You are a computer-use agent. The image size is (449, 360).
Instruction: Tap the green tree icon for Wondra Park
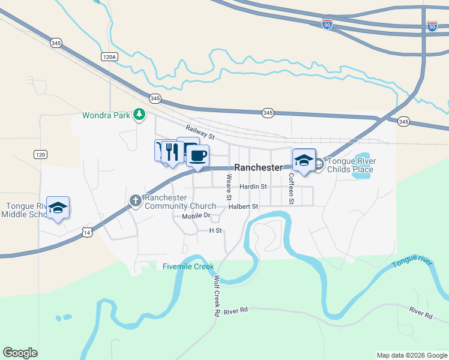pos(140,114)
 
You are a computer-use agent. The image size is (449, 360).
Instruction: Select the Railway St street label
pos(200,130)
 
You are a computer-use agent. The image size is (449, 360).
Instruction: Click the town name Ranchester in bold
pos(258,168)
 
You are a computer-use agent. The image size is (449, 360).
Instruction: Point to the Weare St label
pos(229,187)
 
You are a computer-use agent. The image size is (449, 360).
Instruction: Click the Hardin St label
pos(253,187)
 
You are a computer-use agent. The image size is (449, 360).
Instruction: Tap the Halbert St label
pos(243,206)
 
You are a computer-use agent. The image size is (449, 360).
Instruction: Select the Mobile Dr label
pos(196,215)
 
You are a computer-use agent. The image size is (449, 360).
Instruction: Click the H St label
pos(215,230)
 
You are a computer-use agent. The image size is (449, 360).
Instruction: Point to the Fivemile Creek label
pos(188,266)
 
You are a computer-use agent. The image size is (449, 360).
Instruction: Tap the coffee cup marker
pos(197,156)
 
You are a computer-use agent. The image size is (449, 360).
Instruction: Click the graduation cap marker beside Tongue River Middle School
pos(58,208)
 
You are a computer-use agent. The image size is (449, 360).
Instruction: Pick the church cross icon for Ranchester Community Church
pos(136,200)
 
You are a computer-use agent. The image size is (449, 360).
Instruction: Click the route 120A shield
pos(109,56)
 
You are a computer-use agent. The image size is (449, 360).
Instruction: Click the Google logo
pos(20,353)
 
